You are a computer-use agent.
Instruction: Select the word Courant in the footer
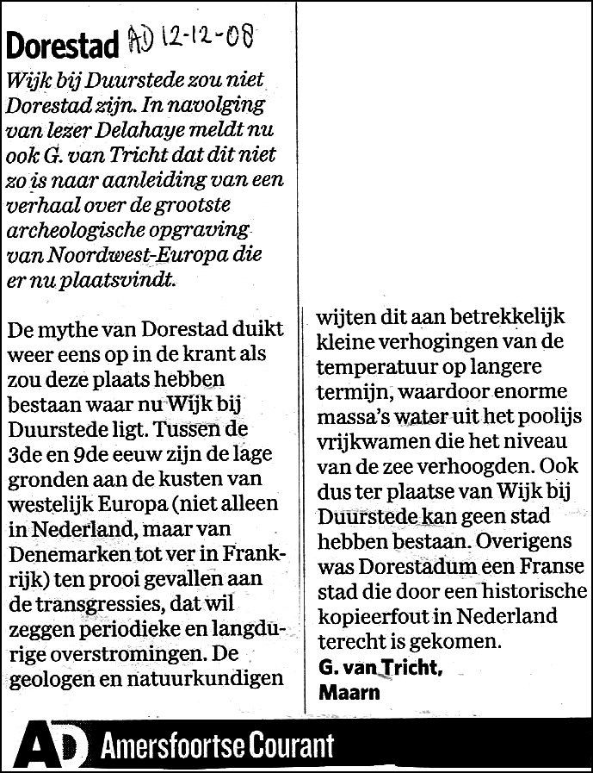tap(284, 746)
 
